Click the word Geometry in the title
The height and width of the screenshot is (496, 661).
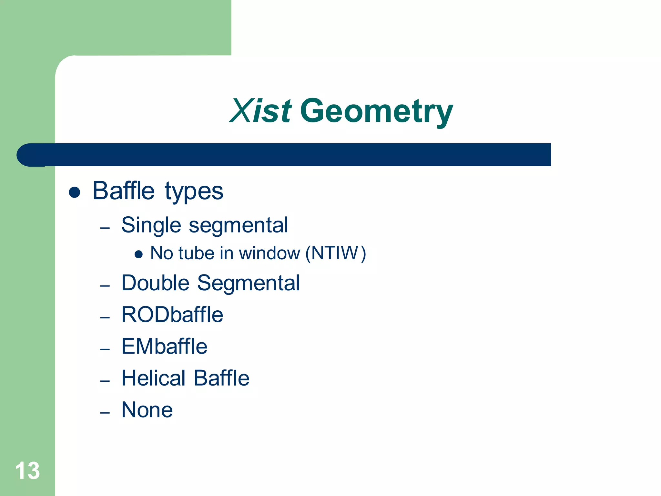tap(376, 112)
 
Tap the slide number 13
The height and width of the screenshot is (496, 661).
tap(27, 470)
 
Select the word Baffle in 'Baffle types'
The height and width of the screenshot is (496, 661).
tap(124, 191)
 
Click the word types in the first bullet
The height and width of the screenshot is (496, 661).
tap(194, 192)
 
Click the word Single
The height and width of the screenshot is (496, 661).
tap(151, 225)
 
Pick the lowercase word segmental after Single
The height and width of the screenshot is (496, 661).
tap(238, 225)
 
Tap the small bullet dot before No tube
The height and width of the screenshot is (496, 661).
tap(138, 254)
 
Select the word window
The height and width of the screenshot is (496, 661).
tap(269, 253)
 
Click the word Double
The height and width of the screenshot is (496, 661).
tap(155, 283)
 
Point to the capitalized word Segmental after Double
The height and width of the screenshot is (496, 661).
tap(248, 284)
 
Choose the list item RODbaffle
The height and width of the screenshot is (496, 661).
tap(172, 315)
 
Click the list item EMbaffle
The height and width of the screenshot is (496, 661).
tap(164, 346)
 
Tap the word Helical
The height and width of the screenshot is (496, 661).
tap(153, 378)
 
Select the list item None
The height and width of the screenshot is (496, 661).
tap(147, 410)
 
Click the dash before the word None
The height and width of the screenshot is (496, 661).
tap(105, 413)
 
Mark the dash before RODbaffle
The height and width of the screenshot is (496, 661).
tap(105, 317)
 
